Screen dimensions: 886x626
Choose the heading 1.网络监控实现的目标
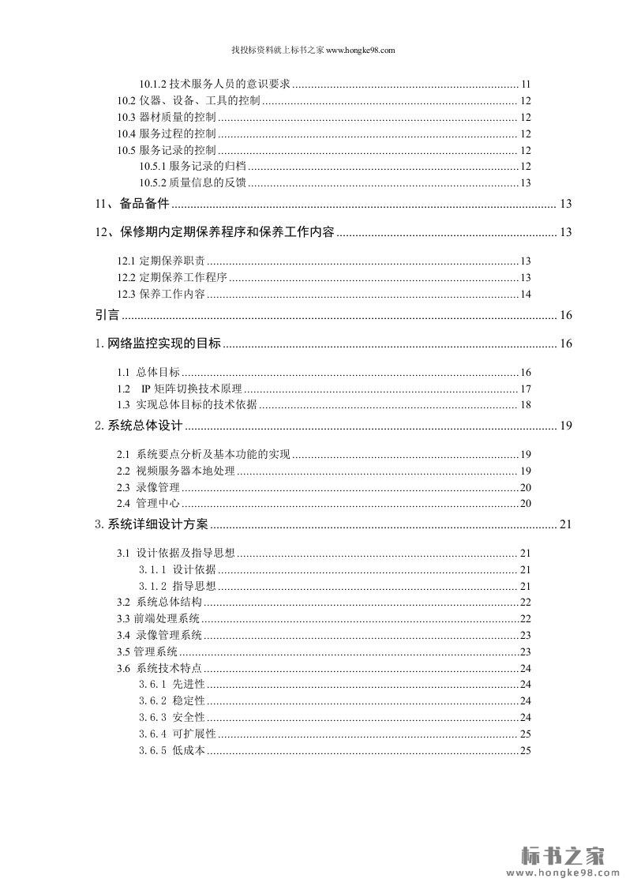click(158, 344)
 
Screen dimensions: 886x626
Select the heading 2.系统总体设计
click(139, 426)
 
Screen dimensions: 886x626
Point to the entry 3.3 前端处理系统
click(159, 618)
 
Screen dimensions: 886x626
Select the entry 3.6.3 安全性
click(172, 717)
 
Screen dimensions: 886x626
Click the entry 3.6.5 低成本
click(172, 750)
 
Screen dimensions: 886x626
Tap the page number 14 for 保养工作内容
click(525, 295)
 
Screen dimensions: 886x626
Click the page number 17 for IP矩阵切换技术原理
click(525, 389)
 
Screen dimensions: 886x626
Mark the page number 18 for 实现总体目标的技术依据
click(525, 405)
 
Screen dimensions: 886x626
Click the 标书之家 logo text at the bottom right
click(564, 855)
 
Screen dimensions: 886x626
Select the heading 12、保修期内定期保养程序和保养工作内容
click(214, 232)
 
